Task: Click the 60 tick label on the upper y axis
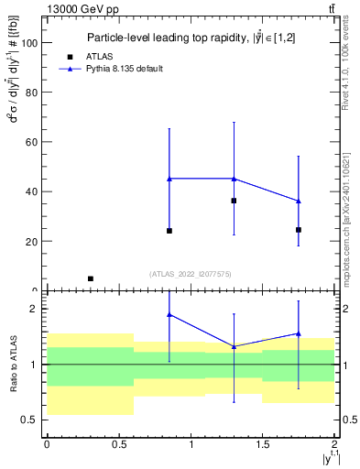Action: tap(32, 142)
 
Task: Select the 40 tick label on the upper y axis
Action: tap(32, 192)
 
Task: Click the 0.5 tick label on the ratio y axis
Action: tap(30, 420)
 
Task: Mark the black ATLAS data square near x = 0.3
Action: tap(90, 278)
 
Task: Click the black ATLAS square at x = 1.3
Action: tap(235, 201)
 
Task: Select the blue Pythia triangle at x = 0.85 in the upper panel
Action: tap(169, 179)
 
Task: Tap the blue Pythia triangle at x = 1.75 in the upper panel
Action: tap(299, 201)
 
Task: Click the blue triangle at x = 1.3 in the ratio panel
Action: tap(235, 346)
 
